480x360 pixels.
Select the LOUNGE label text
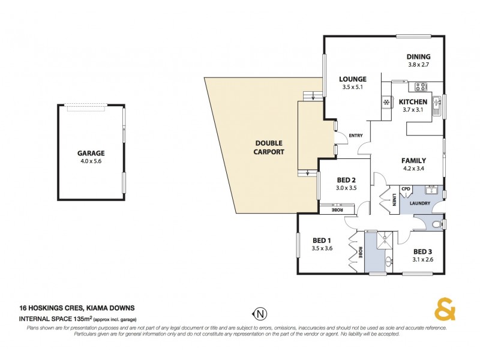click(x=352, y=79)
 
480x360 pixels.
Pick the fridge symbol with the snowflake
click(x=385, y=102)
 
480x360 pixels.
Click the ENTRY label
click(x=356, y=136)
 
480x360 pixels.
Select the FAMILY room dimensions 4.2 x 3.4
click(x=413, y=169)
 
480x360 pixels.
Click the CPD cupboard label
click(x=406, y=190)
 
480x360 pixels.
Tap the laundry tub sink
click(x=431, y=190)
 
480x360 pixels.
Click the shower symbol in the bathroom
click(x=379, y=238)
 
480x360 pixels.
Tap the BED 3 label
click(x=422, y=251)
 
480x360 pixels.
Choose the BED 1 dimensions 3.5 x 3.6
click(x=322, y=248)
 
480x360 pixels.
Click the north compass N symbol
click(x=259, y=313)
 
